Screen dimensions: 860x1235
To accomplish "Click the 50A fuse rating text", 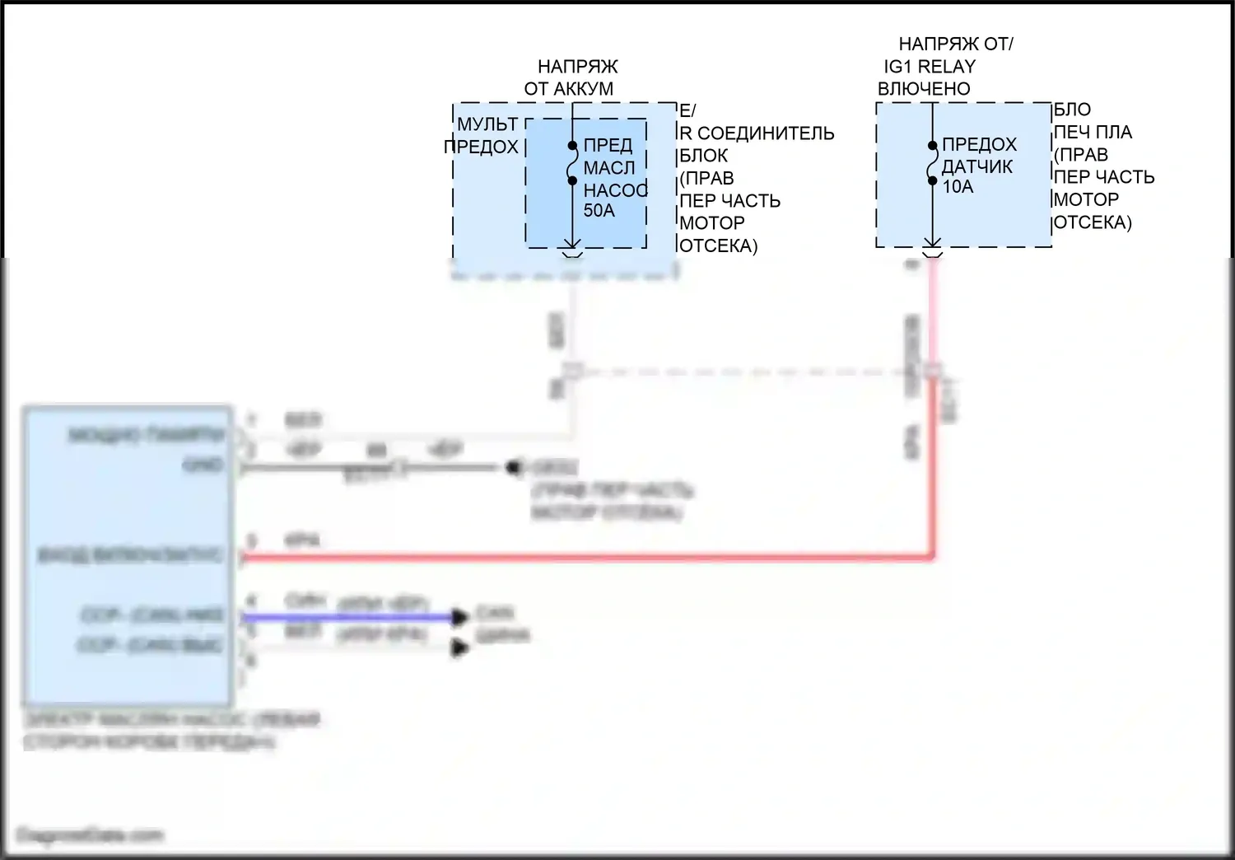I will (x=599, y=211).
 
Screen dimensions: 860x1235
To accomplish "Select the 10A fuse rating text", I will (x=958, y=187).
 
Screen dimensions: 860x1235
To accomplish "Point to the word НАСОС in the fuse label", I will (x=615, y=190).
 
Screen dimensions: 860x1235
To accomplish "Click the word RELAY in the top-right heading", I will (x=946, y=67).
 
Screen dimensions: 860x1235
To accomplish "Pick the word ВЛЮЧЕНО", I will (x=924, y=89).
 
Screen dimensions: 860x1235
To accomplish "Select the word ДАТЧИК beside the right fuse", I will (x=977, y=166).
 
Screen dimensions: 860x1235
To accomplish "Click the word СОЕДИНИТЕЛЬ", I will (x=766, y=133).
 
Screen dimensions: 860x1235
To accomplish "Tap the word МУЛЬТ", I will (x=487, y=124).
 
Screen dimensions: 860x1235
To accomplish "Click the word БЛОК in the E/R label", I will (x=703, y=156).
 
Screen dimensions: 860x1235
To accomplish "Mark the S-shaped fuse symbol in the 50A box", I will (x=572, y=163).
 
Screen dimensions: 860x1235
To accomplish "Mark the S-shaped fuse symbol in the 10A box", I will (x=932, y=162).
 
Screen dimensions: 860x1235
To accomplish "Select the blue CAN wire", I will (x=346, y=617).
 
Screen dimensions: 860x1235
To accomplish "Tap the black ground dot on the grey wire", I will (x=513, y=468).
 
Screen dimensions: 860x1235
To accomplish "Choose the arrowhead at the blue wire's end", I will (x=460, y=617).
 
